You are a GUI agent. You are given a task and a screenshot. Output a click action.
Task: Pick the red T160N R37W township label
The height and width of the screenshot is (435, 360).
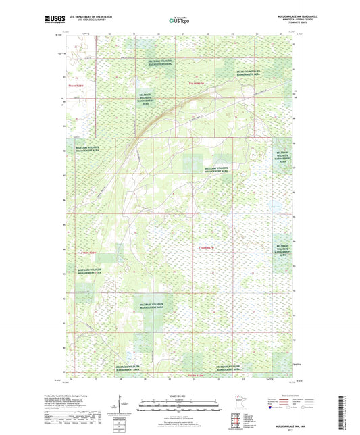coord(210,249)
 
